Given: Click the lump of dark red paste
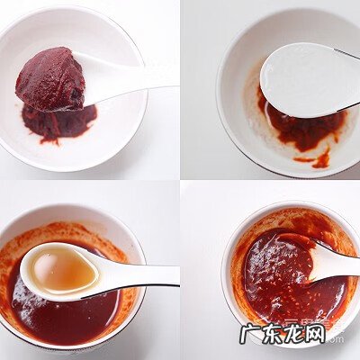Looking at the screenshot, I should (x=50, y=79).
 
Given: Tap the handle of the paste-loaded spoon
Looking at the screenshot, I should (x=135, y=77).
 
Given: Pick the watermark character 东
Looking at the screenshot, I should (x=273, y=334).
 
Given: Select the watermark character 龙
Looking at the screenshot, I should (x=294, y=334).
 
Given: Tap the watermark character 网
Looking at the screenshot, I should (x=315, y=334).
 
